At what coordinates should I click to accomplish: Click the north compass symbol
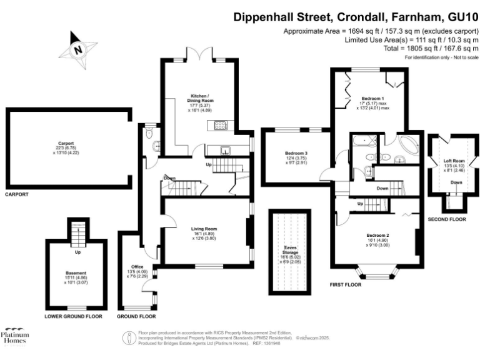(x=77, y=50)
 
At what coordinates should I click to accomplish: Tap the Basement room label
(x=76, y=273)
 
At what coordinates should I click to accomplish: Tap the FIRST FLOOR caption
(x=346, y=284)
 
